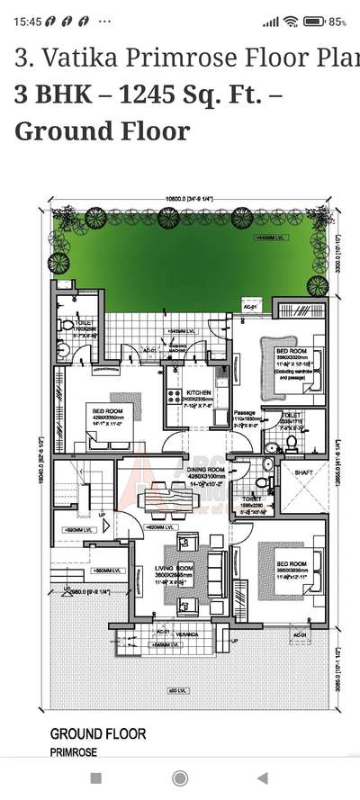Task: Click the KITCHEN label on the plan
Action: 198,393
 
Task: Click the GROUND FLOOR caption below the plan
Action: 97,734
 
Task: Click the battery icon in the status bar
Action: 314,21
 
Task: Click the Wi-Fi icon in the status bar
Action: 291,21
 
